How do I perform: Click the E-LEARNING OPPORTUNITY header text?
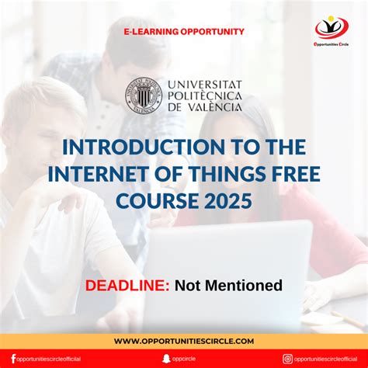click(184, 32)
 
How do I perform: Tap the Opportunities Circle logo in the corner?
click(332, 29)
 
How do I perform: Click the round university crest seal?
click(144, 95)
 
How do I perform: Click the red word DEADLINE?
click(127, 286)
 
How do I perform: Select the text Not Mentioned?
click(228, 286)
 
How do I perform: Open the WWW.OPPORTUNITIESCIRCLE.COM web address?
click(184, 341)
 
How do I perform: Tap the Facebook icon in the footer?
click(13, 359)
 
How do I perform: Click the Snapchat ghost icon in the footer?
click(165, 359)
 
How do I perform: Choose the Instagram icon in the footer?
click(288, 359)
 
